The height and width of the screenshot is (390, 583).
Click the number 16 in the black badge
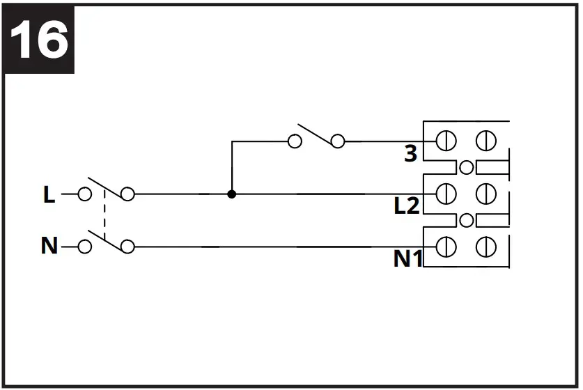pyautogui.click(x=40, y=40)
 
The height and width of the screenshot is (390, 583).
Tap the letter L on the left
pyautogui.click(x=49, y=195)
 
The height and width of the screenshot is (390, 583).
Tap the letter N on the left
pyautogui.click(x=49, y=247)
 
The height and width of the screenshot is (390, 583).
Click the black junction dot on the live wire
pyautogui.click(x=232, y=194)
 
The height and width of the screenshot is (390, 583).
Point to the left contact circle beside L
pyautogui.click(x=84, y=194)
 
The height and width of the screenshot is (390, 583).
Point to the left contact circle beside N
pyautogui.click(x=84, y=247)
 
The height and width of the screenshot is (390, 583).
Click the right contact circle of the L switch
pyautogui.click(x=127, y=194)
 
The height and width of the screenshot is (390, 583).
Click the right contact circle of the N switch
pyautogui.click(x=127, y=247)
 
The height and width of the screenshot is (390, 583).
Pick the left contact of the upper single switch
pyautogui.click(x=295, y=141)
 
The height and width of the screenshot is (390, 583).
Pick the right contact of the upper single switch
pyautogui.click(x=338, y=141)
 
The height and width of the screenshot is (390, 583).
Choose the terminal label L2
pyautogui.click(x=407, y=206)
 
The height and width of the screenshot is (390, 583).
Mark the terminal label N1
pyautogui.click(x=407, y=258)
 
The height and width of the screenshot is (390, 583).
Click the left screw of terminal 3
pyautogui.click(x=446, y=141)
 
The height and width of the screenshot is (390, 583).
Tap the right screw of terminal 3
pyautogui.click(x=485, y=141)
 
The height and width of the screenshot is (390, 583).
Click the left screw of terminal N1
pyautogui.click(x=446, y=247)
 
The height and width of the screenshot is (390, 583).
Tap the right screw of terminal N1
pyautogui.click(x=485, y=247)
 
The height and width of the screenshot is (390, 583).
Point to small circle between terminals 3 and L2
pyautogui.click(x=467, y=167)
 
